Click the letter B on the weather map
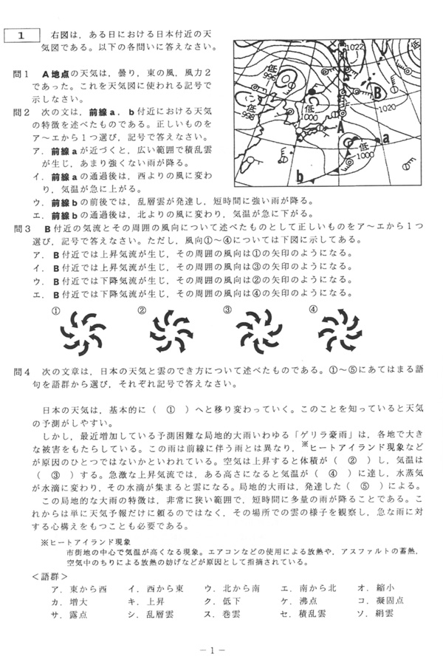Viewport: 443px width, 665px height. (377, 93)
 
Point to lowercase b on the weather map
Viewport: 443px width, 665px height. (300, 177)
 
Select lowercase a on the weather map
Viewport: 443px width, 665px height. (385, 138)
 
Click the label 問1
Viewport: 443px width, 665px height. (22, 75)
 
